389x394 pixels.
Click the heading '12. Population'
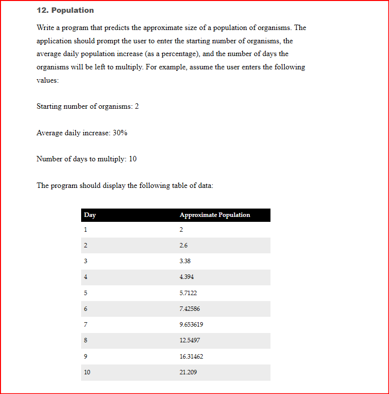(x=65, y=10)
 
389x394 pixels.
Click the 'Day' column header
(x=90, y=215)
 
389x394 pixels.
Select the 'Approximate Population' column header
(x=214, y=215)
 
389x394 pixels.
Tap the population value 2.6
(x=183, y=245)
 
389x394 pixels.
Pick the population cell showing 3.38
(x=185, y=261)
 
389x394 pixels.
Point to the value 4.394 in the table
(x=186, y=277)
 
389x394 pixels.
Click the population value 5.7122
(x=188, y=293)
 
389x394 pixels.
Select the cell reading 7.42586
(x=190, y=309)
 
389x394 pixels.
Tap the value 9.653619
(x=191, y=325)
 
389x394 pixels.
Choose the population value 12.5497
(x=190, y=340)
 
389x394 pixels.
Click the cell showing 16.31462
(x=191, y=356)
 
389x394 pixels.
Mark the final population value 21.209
(x=188, y=372)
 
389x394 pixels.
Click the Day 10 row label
(x=87, y=372)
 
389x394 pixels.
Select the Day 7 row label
(x=86, y=325)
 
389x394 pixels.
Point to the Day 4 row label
(x=86, y=277)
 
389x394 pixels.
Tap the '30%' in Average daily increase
(x=120, y=133)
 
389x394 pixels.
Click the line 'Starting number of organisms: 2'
(x=88, y=106)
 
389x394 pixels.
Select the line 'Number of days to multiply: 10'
(x=87, y=159)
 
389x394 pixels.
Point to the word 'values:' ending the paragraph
(x=48, y=80)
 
